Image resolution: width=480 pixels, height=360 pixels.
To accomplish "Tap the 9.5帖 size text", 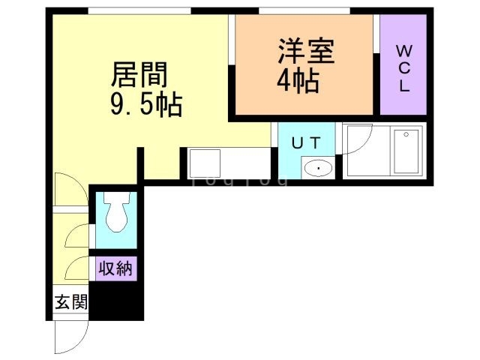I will click(146, 106).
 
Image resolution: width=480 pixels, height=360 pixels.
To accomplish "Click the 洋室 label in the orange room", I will click(306, 52).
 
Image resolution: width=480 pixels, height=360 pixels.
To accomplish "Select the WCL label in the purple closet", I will click(403, 68).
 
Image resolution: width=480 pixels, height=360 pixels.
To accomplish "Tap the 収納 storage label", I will click(115, 268).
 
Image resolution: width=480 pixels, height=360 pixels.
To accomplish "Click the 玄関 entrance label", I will click(70, 303).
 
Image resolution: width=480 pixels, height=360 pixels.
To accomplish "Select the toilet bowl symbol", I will click(115, 214).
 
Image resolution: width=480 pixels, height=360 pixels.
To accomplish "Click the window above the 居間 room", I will click(139, 10).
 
